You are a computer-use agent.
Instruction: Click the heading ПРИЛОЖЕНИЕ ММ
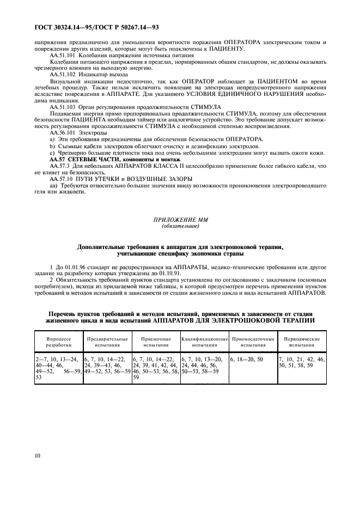coord(180,218)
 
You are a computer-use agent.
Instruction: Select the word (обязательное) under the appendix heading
coord(180,225)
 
